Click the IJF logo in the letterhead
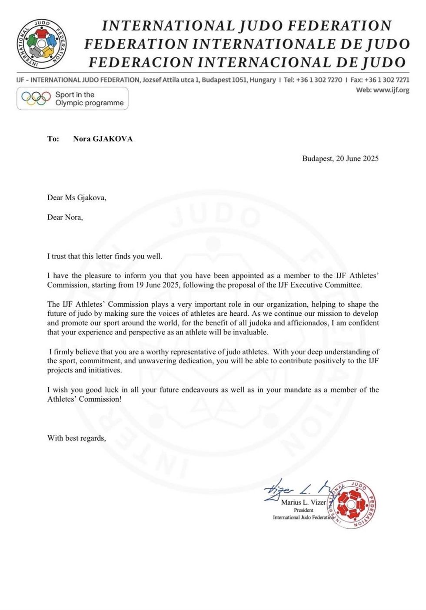[x=42, y=44]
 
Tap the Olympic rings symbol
[x=36, y=98]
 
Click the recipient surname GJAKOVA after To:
[x=113, y=139]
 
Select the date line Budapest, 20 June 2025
[x=340, y=158]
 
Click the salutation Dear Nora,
[x=65, y=217]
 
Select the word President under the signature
[x=303, y=510]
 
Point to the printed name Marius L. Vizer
[x=303, y=502]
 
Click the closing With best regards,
[x=77, y=438]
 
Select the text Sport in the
[x=75, y=94]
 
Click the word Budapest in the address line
[x=216, y=80]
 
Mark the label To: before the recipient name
[x=53, y=139]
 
